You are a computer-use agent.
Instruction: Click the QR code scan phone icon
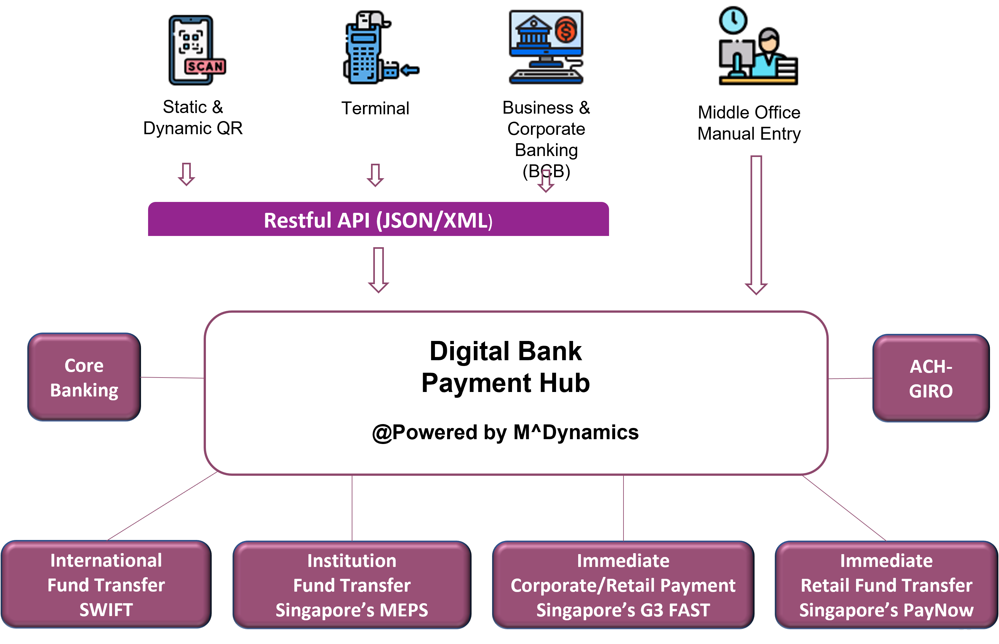pyautogui.click(x=195, y=49)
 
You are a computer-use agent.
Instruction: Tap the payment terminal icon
pyautogui.click(x=376, y=49)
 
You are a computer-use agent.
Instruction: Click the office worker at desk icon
pyautogui.click(x=758, y=48)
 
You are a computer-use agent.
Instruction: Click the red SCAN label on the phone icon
pyautogui.click(x=205, y=66)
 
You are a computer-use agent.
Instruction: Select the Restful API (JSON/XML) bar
pyautogui.click(x=378, y=220)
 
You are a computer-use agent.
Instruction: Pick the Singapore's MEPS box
pyautogui.click(x=352, y=585)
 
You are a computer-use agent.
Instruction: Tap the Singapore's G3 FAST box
pyautogui.click(x=623, y=585)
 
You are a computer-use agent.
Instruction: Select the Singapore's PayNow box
pyautogui.click(x=886, y=585)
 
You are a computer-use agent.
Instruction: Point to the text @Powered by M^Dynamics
pyautogui.click(x=505, y=432)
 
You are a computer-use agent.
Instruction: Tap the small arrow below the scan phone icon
pyautogui.click(x=187, y=174)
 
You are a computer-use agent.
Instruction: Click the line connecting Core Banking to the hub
pyautogui.click(x=172, y=378)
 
